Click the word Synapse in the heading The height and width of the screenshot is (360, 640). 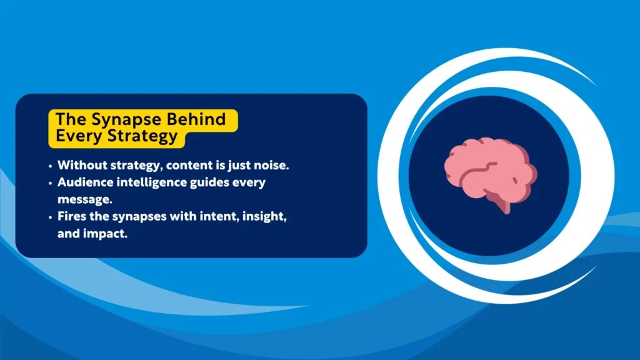tap(118, 119)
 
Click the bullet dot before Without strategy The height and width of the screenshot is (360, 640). tap(49, 166)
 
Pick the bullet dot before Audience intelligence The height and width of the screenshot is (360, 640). tap(49, 184)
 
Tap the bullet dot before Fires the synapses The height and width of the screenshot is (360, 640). tap(49, 218)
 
